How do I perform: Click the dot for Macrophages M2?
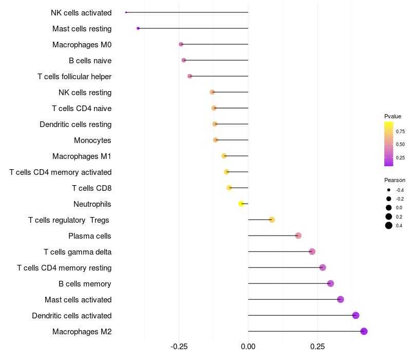click(x=364, y=331)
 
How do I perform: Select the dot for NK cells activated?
click(x=126, y=12)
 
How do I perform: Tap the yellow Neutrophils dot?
click(x=241, y=204)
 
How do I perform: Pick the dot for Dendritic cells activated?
click(x=356, y=315)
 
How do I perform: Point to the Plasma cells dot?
click(x=298, y=236)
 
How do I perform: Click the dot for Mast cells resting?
click(x=138, y=28)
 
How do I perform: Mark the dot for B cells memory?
click(x=330, y=283)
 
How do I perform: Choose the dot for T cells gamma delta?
click(x=312, y=251)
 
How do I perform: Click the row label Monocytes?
click(x=92, y=140)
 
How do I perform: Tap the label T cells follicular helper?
click(x=74, y=77)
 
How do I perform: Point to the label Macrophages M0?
click(x=82, y=45)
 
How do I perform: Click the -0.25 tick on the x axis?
click(x=179, y=347)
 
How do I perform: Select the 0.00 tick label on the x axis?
click(x=248, y=347)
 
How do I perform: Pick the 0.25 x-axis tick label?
click(x=317, y=347)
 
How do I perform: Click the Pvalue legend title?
click(x=393, y=116)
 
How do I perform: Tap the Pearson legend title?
click(x=395, y=180)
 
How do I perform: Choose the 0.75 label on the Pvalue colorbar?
click(x=400, y=132)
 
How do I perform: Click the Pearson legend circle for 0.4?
click(x=389, y=225)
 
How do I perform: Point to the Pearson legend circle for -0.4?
click(x=389, y=190)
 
